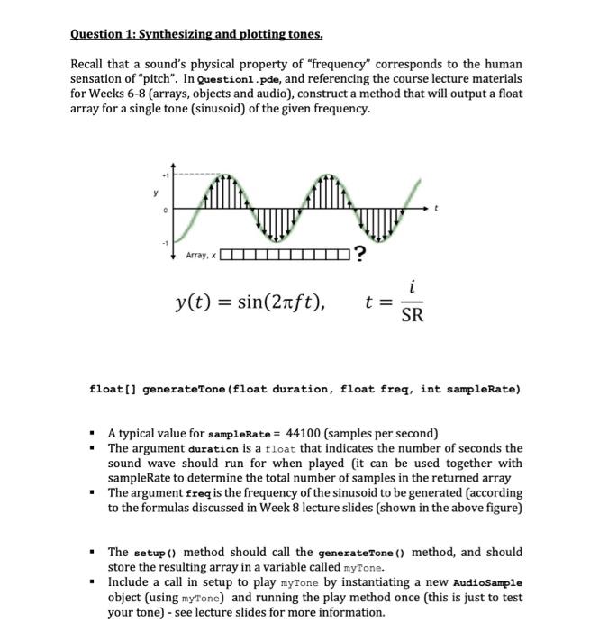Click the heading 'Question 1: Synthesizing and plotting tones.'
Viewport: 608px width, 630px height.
(195, 35)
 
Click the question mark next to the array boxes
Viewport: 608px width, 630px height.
(360, 255)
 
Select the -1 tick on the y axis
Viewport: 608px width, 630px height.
(163, 242)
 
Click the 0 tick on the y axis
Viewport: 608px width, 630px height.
(164, 209)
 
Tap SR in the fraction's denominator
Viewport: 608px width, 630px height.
(411, 316)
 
